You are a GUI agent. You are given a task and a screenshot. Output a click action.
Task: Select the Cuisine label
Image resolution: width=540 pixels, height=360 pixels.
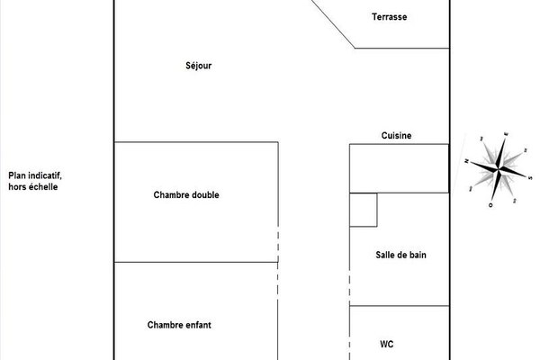[396, 135]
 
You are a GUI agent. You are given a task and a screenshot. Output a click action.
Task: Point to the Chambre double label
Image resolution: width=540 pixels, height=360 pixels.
[186, 195]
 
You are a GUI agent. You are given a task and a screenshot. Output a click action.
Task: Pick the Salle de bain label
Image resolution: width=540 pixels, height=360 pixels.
[400, 255]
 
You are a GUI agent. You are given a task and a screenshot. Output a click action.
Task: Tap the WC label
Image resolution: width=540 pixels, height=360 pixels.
[387, 344]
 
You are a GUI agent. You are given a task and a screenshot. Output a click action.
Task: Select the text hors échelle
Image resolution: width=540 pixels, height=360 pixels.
[33, 187]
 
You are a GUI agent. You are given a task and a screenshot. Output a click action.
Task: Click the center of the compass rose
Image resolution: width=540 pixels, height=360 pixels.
[498, 168]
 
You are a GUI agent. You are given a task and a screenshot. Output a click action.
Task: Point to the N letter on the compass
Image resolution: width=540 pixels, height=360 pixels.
[467, 161]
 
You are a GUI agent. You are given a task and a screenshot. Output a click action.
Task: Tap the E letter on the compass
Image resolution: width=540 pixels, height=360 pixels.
[507, 133]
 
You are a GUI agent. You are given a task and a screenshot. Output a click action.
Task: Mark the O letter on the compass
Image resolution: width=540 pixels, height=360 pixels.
[490, 205]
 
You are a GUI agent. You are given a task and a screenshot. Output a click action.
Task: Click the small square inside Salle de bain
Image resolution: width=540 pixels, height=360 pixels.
[364, 210]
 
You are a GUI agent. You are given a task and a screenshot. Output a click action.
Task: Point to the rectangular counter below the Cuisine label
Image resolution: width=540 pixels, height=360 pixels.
[399, 168]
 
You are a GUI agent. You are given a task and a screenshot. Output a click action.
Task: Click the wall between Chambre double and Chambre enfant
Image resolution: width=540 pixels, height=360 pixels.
[195, 262]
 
